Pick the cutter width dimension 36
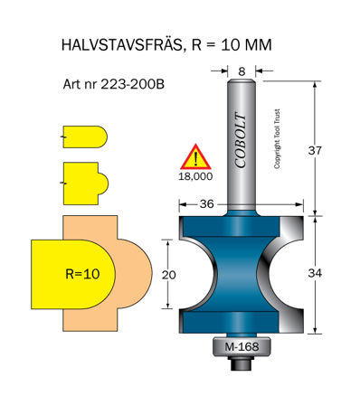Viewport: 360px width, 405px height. pos(208,204)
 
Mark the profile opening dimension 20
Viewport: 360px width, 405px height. pos(168,274)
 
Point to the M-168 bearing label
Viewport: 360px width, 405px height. pos(239,346)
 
